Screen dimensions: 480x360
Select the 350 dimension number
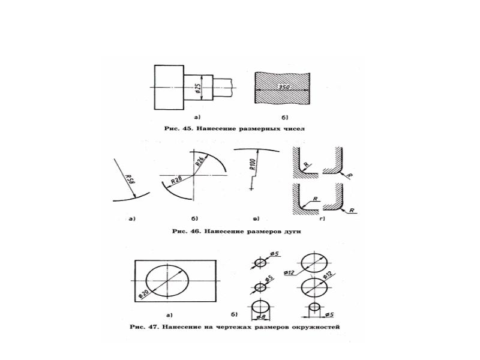(x=284, y=87)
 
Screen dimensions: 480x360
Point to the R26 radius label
(x=200, y=161)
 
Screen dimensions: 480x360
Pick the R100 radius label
(x=253, y=164)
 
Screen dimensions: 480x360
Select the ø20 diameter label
(x=143, y=293)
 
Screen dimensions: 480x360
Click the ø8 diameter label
(x=260, y=317)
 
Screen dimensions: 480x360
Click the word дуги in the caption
(x=292, y=232)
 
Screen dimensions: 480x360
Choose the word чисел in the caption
(x=294, y=128)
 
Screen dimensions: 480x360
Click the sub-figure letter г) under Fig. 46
(x=322, y=218)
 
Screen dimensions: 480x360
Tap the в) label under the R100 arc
(x=256, y=218)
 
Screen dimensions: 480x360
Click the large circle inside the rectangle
(x=146, y=281)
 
